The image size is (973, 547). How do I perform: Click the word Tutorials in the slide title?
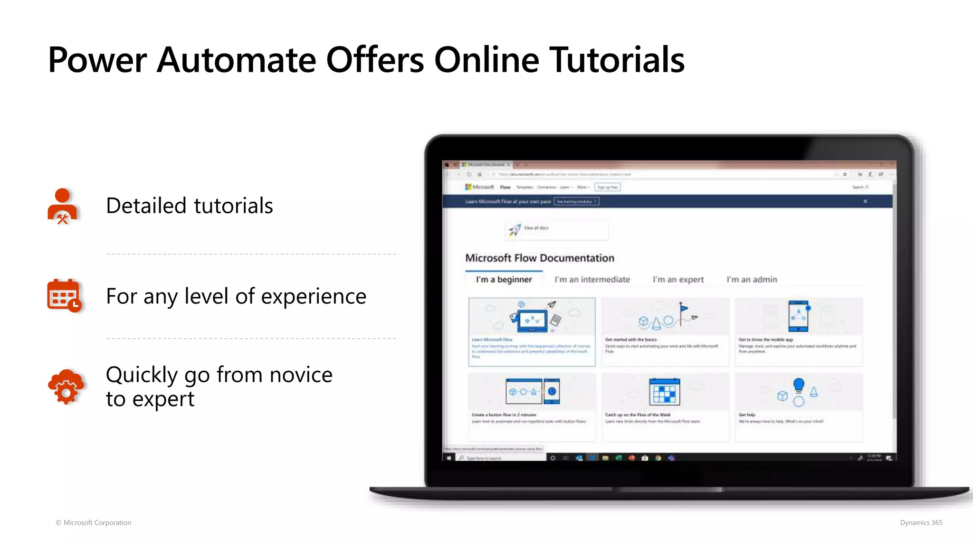click(617, 60)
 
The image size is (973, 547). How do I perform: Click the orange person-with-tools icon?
click(63, 207)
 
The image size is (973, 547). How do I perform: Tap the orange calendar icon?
click(64, 295)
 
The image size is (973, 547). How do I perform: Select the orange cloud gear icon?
click(66, 387)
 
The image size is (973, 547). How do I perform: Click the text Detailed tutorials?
click(189, 206)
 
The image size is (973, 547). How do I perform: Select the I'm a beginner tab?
click(504, 279)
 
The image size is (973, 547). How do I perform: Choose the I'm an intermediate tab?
click(592, 279)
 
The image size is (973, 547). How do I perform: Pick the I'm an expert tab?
click(678, 279)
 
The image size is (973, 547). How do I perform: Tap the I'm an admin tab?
click(752, 279)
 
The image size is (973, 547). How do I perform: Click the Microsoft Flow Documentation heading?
click(540, 258)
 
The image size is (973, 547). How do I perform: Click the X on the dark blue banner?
click(865, 201)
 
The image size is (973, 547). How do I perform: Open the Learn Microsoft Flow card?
click(532, 332)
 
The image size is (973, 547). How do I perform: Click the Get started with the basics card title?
click(631, 340)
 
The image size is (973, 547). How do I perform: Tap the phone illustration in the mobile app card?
click(798, 316)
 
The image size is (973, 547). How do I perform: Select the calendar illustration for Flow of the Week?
click(664, 391)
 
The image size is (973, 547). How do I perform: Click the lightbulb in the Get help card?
click(799, 385)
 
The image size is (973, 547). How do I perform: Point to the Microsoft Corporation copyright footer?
click(94, 522)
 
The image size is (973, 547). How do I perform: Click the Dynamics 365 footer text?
click(921, 522)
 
